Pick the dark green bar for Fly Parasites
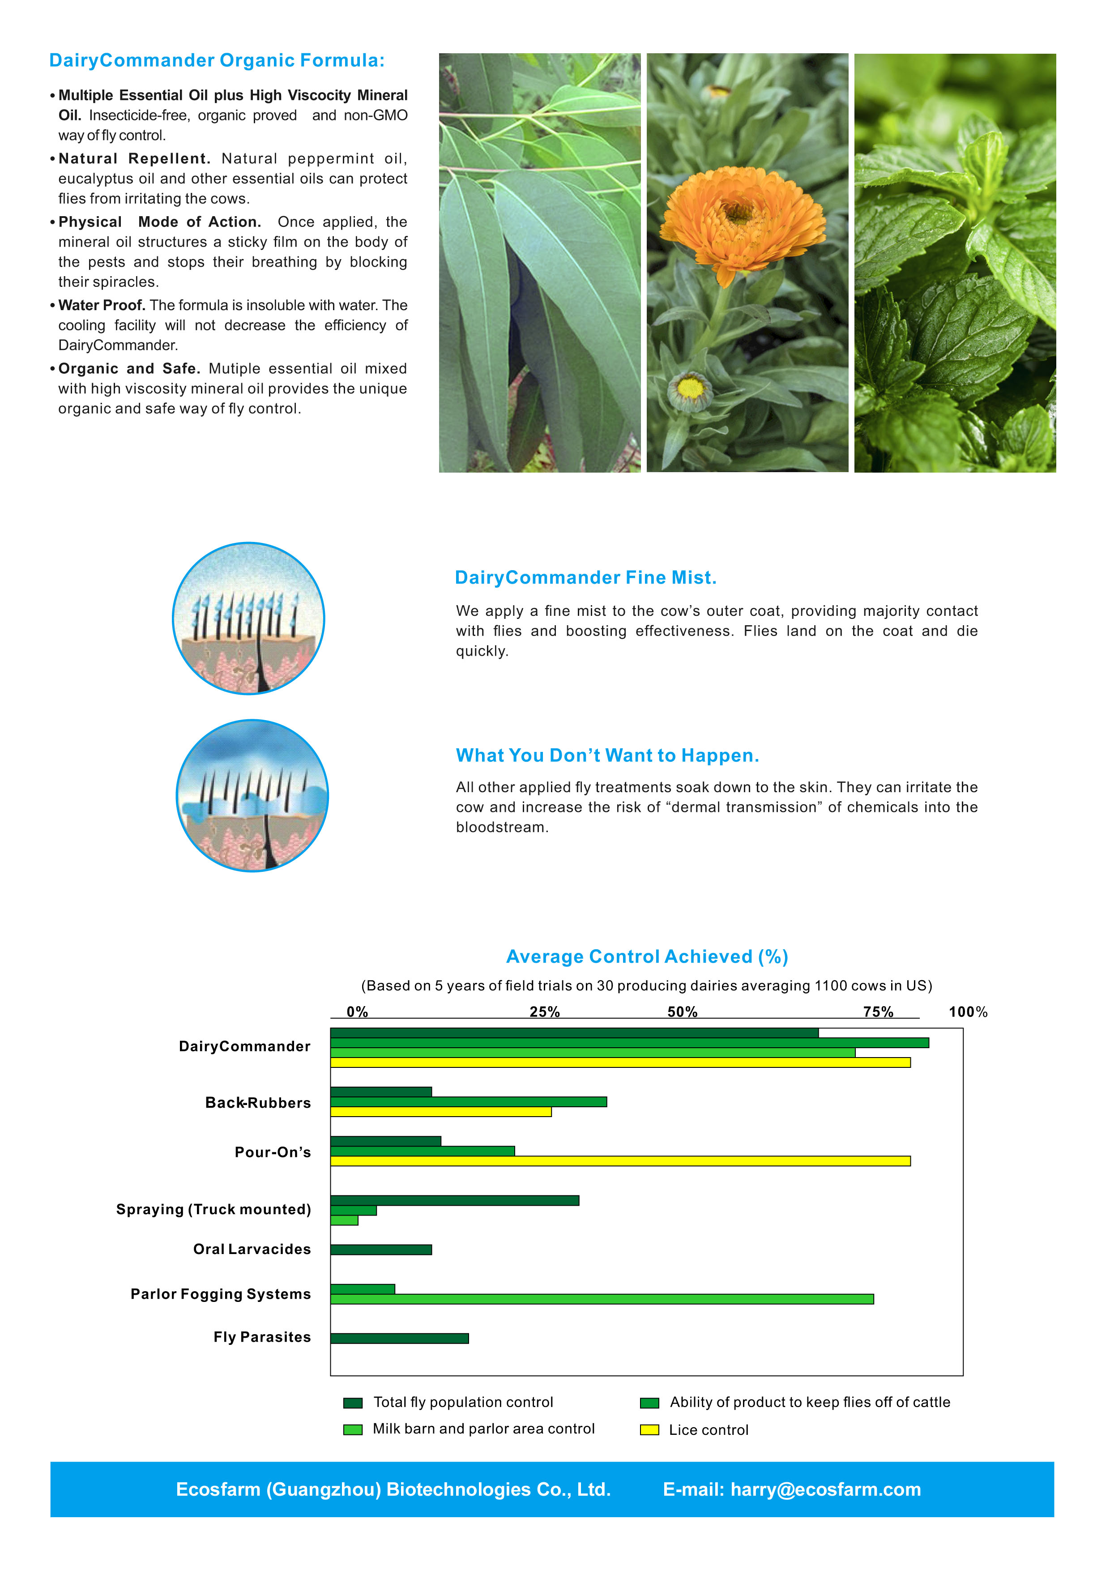click(399, 1338)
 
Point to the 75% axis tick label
click(878, 1012)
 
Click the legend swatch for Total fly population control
click(353, 1403)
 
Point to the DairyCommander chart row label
click(244, 1046)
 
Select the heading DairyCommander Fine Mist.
click(585, 578)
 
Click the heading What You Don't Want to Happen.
click(607, 755)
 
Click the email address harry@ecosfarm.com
click(825, 1489)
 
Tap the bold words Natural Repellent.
click(134, 158)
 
